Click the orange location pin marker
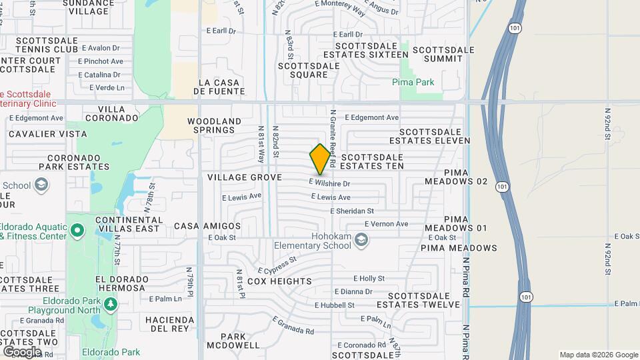(321, 159)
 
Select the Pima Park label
(413, 83)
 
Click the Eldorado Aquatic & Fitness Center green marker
(77, 231)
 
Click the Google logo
(22, 351)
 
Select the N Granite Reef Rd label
(332, 139)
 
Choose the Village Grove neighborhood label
(245, 177)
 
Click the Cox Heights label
(279, 282)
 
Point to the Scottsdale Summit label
(443, 54)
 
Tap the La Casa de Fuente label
(219, 87)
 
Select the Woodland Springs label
(213, 125)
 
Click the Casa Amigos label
(207, 227)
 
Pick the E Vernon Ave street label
(385, 224)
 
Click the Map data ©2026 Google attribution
(598, 355)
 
